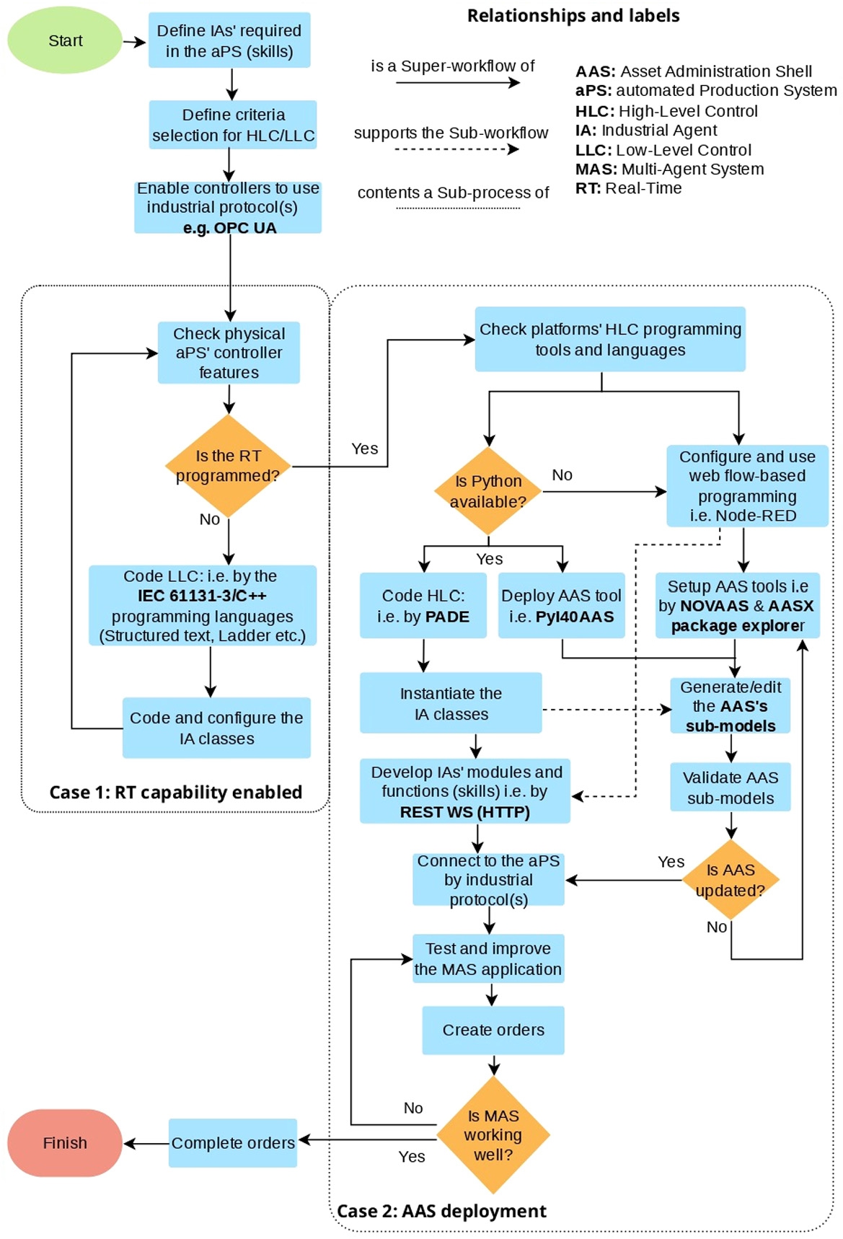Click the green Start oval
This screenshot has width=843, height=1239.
pos(65,40)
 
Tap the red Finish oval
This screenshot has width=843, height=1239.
pos(65,1143)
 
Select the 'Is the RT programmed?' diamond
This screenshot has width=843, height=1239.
pos(228,466)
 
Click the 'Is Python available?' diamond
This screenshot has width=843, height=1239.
pos(488,491)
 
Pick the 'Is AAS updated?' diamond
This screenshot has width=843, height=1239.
pos(731,880)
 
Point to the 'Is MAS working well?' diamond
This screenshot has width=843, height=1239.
pos(493,1134)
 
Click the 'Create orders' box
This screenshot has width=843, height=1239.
pos(493,1030)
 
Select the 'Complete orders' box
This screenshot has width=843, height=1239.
pos(233,1143)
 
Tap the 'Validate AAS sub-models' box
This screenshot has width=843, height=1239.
pos(731,788)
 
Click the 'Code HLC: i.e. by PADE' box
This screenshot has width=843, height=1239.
pos(423,606)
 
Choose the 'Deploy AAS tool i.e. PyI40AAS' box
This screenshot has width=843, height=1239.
pos(561,606)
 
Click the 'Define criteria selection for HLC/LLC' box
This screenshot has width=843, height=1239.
pos(233,125)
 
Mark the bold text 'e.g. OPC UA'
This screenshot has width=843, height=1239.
pos(229,228)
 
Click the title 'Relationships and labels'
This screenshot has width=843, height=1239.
pos(573,16)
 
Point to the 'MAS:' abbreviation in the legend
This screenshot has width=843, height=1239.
pos(596,169)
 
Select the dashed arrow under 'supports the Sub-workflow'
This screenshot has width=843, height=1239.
pos(456,149)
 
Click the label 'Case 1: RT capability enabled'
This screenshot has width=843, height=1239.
pos(175,793)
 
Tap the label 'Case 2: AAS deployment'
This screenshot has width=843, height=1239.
pos(441,1211)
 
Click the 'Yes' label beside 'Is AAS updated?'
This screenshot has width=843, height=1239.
pos(671,862)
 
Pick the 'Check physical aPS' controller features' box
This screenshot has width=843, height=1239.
pos(229,353)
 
